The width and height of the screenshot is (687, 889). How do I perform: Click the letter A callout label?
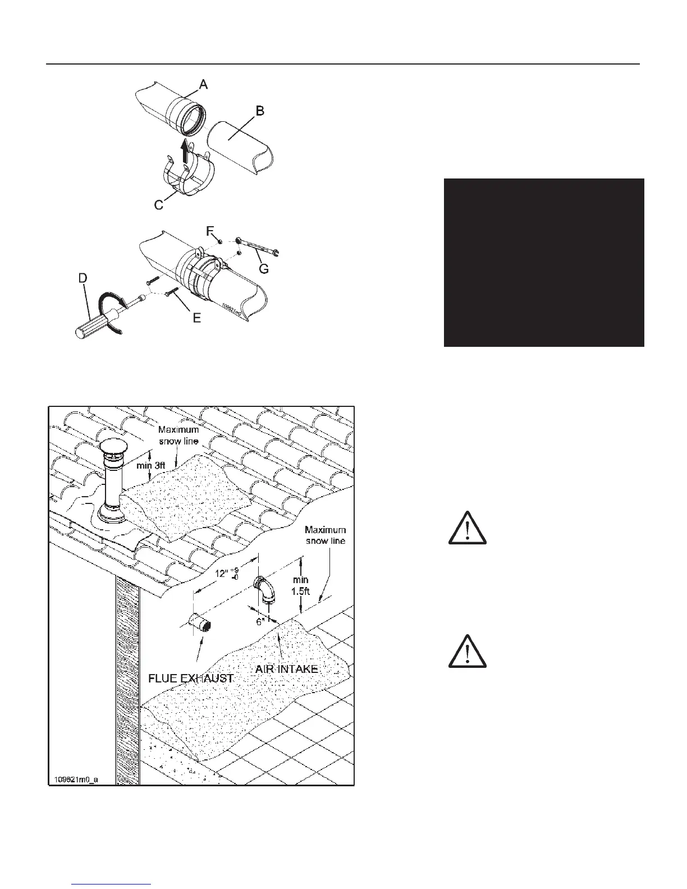(203, 84)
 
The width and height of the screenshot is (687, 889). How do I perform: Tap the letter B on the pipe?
(260, 111)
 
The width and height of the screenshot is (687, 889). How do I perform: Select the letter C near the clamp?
(159, 205)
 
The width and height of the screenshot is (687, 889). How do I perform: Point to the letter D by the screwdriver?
(82, 277)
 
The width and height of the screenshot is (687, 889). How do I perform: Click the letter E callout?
(197, 318)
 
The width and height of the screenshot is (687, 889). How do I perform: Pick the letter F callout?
(210, 230)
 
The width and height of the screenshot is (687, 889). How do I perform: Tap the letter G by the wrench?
(264, 269)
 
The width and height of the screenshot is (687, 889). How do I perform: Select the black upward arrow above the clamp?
(185, 152)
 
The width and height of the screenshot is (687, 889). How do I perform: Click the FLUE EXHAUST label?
(190, 677)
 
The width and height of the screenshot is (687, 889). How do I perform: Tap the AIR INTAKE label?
(287, 668)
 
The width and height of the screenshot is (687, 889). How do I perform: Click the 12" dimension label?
(224, 574)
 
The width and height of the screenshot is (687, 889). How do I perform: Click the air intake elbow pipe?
(263, 589)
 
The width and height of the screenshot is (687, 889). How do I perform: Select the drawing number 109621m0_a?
(76, 780)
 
